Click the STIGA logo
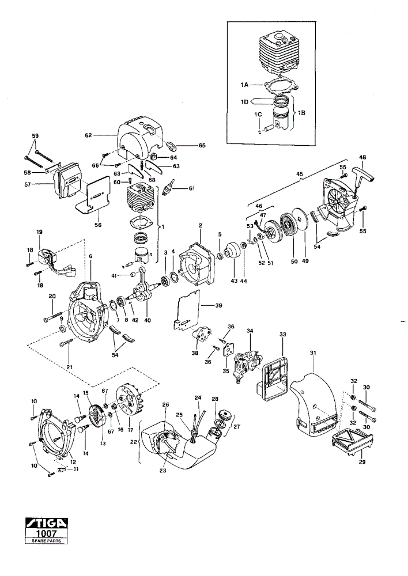click(46, 523)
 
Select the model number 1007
click(46, 533)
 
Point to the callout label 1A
click(244, 85)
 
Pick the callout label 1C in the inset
click(258, 115)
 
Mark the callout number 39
click(218, 305)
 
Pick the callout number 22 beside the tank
click(133, 442)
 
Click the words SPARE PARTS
click(46, 541)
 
